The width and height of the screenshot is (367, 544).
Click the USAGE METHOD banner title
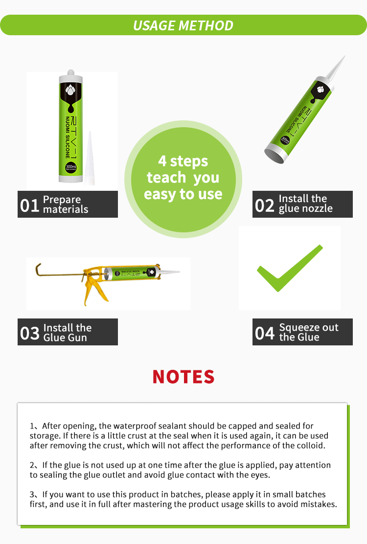click(x=183, y=25)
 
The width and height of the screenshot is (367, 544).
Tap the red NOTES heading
click(x=183, y=377)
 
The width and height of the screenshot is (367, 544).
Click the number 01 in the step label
click(x=29, y=205)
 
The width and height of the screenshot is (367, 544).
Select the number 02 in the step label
click(x=265, y=205)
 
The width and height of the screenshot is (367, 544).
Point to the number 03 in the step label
click(x=30, y=333)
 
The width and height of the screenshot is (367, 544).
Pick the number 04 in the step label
click(x=265, y=333)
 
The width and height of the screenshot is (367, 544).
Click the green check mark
click(x=290, y=268)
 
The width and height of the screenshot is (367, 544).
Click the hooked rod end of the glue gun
click(x=38, y=270)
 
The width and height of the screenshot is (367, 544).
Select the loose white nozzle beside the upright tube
click(x=90, y=158)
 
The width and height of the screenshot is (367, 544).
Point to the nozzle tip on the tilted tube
click(x=344, y=57)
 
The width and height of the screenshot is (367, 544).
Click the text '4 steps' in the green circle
click(x=183, y=161)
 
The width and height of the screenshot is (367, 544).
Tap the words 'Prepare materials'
click(x=66, y=204)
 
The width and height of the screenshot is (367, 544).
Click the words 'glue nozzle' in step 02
click(x=306, y=208)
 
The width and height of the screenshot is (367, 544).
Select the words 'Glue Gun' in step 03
click(x=65, y=337)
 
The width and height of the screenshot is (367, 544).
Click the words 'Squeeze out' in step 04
click(x=309, y=327)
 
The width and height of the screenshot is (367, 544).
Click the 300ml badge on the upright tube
click(x=71, y=167)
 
